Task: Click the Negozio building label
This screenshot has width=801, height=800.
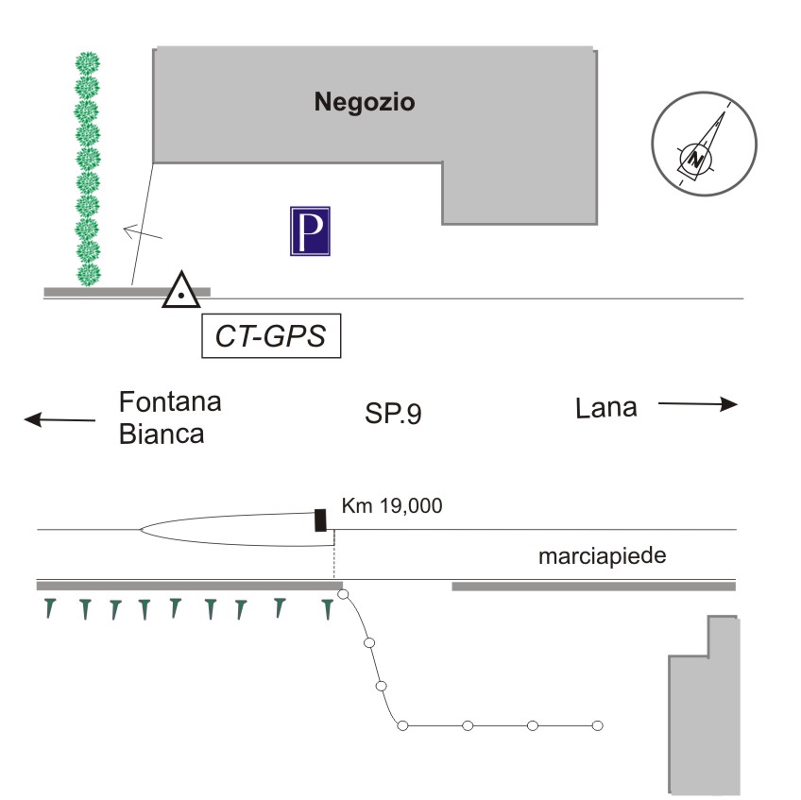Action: click(365, 102)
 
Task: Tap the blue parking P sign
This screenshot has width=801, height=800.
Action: click(310, 231)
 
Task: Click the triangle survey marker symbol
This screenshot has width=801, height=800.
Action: click(179, 291)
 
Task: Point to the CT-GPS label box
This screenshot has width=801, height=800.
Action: click(271, 337)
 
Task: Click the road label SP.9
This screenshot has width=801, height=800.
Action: click(393, 414)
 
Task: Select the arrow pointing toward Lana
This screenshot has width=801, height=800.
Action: click(697, 405)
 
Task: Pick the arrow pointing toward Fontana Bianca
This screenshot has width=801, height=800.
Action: click(60, 419)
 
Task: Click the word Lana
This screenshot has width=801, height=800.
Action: click(606, 408)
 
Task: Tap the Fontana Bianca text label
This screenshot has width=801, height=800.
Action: click(170, 417)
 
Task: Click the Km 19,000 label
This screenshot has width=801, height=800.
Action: click(392, 506)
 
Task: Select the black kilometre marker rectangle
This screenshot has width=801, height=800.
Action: click(320, 519)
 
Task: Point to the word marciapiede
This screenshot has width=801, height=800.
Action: click(603, 556)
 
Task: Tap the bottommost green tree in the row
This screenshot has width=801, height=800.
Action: click(88, 275)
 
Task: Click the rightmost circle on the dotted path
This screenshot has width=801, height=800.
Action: click(597, 725)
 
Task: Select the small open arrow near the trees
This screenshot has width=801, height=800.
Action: click(142, 230)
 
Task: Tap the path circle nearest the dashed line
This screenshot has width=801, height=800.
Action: click(344, 595)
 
